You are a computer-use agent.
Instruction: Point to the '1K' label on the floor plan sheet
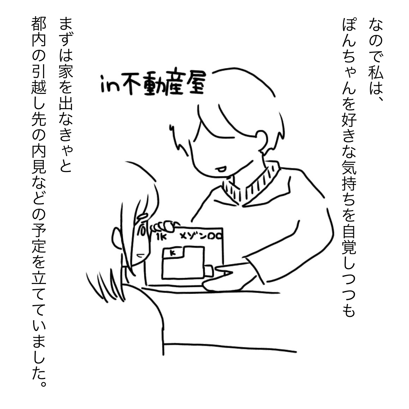[161, 237]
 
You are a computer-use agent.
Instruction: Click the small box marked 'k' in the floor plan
[172, 253]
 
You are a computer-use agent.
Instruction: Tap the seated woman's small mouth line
[141, 255]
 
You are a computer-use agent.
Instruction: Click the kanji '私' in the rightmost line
[376, 71]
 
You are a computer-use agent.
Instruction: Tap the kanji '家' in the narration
[65, 71]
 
